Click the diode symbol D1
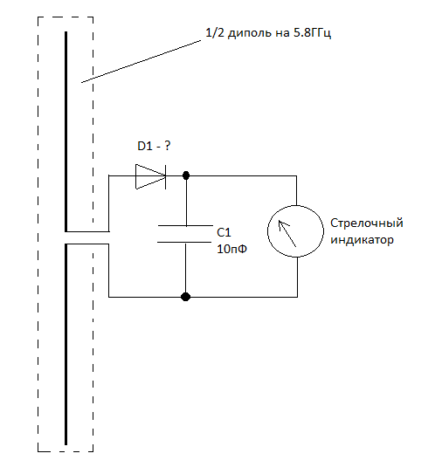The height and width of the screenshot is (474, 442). [x=149, y=176]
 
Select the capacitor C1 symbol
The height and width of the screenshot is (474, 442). [x=185, y=234]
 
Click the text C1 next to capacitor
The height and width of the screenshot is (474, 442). [x=223, y=232]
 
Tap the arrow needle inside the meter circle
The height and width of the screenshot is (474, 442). [x=285, y=230]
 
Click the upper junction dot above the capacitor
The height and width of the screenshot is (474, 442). [x=185, y=176]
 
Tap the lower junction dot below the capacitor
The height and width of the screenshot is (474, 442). [x=185, y=297]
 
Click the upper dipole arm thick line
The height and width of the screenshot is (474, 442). [x=66, y=131]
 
